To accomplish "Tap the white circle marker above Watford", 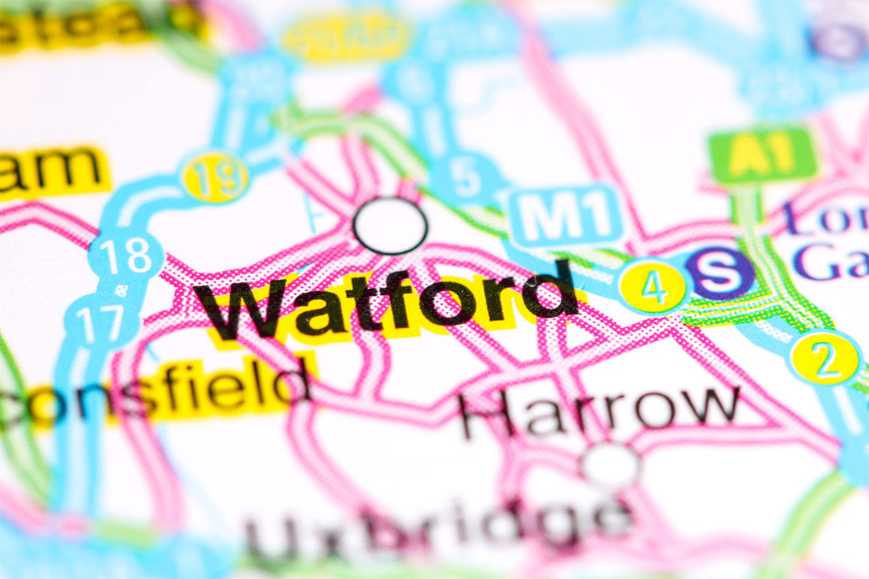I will coord(390,225).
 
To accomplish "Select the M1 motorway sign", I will coord(566,216).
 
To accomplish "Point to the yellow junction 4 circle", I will coord(653,286).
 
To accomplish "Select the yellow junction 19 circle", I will coord(214,178).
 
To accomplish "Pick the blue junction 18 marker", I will coord(126,256).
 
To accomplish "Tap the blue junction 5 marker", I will coord(466,178).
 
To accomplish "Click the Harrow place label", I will coord(599,410).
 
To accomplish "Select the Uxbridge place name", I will coord(439,527).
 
